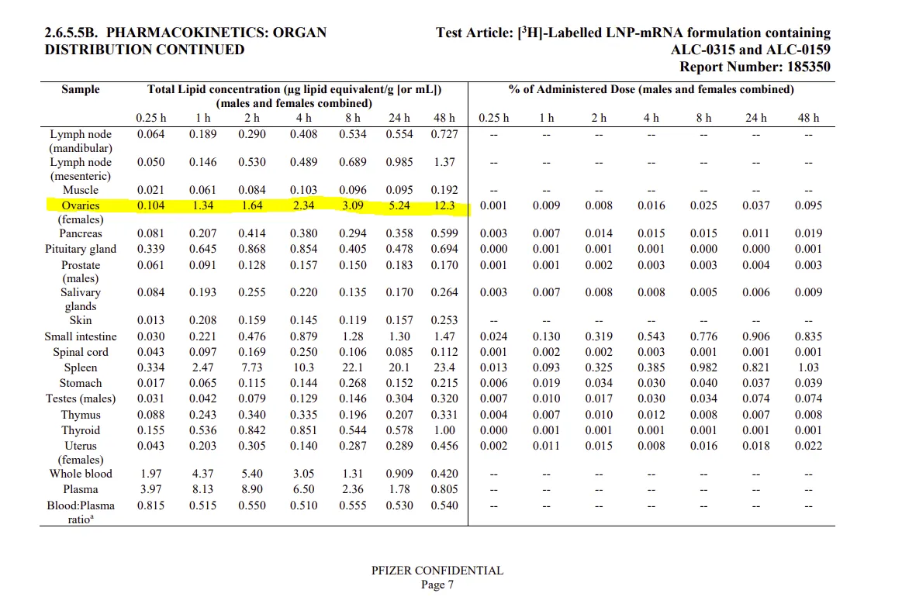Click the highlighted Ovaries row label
pos(81,206)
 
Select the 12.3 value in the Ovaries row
pos(444,206)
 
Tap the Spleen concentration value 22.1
pos(353,368)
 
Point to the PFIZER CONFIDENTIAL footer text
pos(437,571)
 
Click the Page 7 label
pos(437,585)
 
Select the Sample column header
pos(81,89)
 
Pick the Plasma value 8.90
pos(252,489)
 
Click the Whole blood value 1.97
pos(150,474)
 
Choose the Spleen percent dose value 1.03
pos(808,368)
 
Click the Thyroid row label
pos(81,430)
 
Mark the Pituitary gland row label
pos(81,249)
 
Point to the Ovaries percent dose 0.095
pos(808,206)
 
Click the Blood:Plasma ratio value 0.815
pos(150,505)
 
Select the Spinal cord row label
pos(81,352)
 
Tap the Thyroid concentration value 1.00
pos(444,430)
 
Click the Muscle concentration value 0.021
pos(150,190)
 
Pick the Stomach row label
pos(81,384)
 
